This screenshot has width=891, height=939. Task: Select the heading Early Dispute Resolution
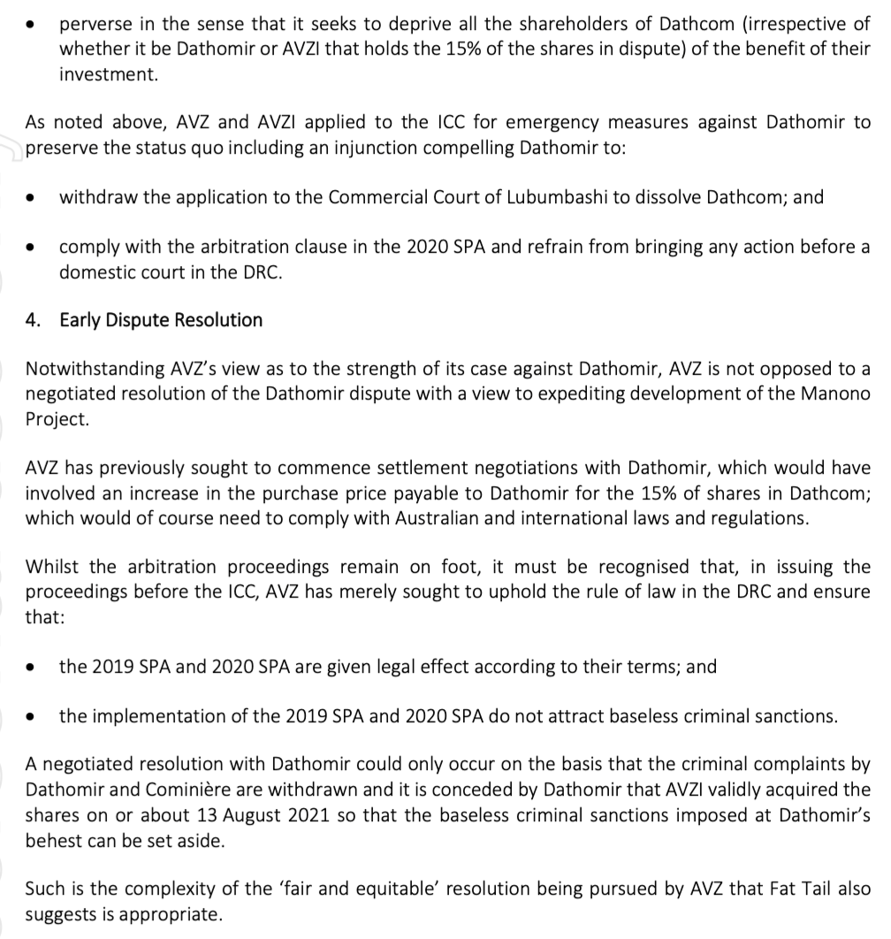point(161,320)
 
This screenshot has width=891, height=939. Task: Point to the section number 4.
point(33,320)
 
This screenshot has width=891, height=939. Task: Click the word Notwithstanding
point(92,368)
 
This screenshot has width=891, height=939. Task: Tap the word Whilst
point(50,566)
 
